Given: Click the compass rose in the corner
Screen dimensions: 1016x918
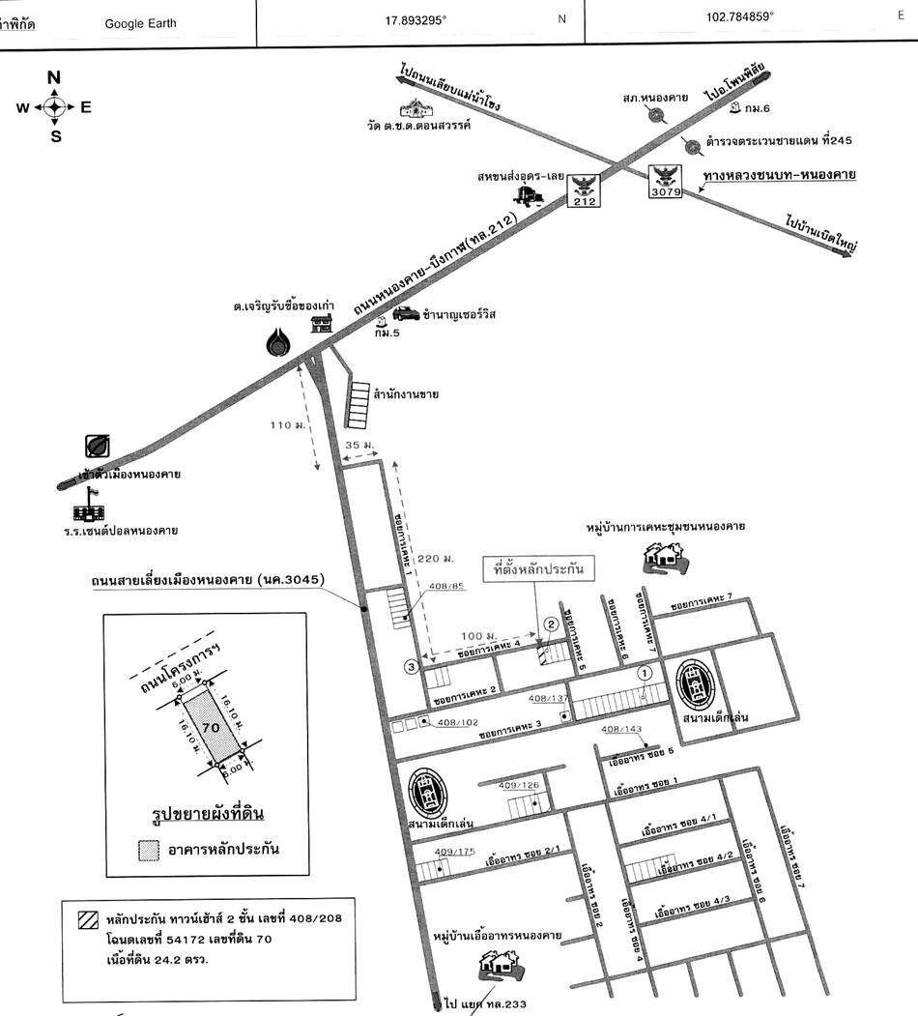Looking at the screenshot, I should [x=55, y=107].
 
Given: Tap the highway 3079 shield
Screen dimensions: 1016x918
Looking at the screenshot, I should [x=666, y=181].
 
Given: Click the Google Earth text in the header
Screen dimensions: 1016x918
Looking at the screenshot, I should [x=141, y=23].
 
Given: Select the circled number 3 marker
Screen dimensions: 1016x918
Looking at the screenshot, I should [x=411, y=665].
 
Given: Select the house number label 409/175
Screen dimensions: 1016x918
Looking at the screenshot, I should [x=455, y=851].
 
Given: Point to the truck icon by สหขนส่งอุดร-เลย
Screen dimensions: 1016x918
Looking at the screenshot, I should [x=531, y=195].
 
